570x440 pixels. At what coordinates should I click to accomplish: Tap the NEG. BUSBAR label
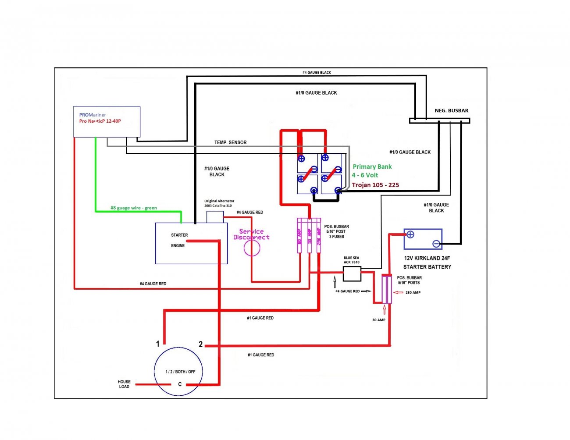click(452, 110)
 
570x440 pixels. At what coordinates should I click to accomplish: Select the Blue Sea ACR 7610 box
click(352, 274)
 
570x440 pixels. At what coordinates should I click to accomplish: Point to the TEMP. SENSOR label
click(230, 142)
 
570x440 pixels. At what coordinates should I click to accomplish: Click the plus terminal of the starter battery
click(410, 234)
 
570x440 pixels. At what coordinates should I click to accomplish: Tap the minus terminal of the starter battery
click(436, 244)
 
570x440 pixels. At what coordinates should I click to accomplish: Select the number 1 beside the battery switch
click(158, 344)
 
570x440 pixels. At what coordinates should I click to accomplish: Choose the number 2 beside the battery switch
click(201, 344)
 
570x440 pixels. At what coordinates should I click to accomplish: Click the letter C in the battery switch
click(180, 384)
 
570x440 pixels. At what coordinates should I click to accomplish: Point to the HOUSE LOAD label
click(124, 384)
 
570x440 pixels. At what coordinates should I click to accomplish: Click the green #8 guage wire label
click(134, 208)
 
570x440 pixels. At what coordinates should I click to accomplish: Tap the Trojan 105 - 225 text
click(375, 185)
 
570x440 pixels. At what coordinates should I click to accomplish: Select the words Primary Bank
click(372, 167)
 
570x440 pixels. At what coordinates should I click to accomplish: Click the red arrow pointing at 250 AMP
click(398, 292)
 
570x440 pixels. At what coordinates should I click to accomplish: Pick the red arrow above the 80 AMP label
click(385, 309)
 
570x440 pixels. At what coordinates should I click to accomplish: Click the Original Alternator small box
click(215, 217)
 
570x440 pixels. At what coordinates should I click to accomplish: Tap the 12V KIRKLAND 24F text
click(427, 258)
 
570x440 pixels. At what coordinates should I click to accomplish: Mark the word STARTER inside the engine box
click(179, 235)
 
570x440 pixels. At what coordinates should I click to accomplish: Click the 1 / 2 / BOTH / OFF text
click(180, 372)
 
